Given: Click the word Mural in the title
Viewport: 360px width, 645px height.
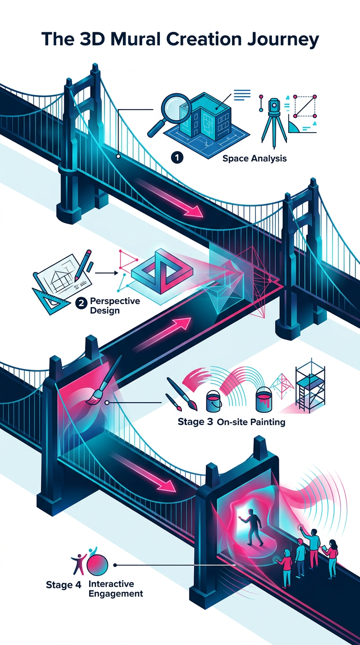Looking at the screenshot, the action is (135, 39).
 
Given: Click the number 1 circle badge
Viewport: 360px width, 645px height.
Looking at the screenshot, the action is (177, 158).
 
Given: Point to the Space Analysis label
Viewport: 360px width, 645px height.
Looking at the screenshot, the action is (255, 158).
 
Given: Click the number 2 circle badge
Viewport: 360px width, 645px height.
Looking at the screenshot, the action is (81, 303).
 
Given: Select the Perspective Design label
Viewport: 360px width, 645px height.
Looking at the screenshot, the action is (115, 306).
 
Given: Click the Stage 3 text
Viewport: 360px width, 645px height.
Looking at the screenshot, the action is (195, 422).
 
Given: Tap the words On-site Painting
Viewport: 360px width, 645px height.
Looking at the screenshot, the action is (251, 422).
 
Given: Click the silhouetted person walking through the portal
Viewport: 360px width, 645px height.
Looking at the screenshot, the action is (252, 527).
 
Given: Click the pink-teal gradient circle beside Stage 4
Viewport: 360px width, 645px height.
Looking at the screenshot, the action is (97, 565).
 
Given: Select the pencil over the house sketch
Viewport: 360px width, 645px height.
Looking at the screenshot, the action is (82, 265).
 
